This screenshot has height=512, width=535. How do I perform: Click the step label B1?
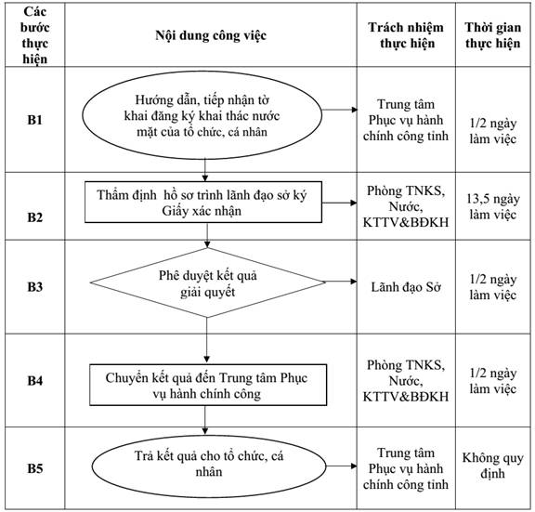(x=34, y=120)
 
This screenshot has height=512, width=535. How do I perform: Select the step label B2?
(x=34, y=217)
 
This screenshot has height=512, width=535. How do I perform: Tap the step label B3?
(x=34, y=287)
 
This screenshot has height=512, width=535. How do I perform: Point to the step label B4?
(x=34, y=380)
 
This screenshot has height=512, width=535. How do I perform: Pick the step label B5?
(x=34, y=468)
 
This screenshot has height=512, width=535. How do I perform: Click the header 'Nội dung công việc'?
(x=211, y=35)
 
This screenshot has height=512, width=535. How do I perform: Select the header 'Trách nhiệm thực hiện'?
(x=406, y=35)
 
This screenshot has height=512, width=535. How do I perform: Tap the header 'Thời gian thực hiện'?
(x=493, y=35)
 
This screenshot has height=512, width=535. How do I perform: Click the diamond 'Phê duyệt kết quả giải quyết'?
(x=207, y=282)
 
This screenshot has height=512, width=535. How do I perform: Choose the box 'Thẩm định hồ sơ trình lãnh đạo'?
(x=203, y=202)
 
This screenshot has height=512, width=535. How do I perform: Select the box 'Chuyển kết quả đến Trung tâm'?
(x=208, y=385)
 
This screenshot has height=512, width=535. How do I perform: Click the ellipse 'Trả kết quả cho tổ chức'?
(x=209, y=466)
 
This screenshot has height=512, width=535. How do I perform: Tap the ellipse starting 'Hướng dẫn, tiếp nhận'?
(x=202, y=115)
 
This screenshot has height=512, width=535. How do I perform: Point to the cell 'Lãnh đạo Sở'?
(x=406, y=287)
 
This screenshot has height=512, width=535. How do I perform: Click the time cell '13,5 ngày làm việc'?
(x=493, y=206)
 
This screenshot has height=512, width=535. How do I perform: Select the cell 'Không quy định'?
(x=493, y=466)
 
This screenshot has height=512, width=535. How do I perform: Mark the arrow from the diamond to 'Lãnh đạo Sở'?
(x=341, y=282)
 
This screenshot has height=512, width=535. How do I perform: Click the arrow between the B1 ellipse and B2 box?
(x=204, y=170)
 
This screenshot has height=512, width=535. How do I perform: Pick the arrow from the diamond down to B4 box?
(x=206, y=340)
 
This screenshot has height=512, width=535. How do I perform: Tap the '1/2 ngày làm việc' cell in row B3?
(x=493, y=287)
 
